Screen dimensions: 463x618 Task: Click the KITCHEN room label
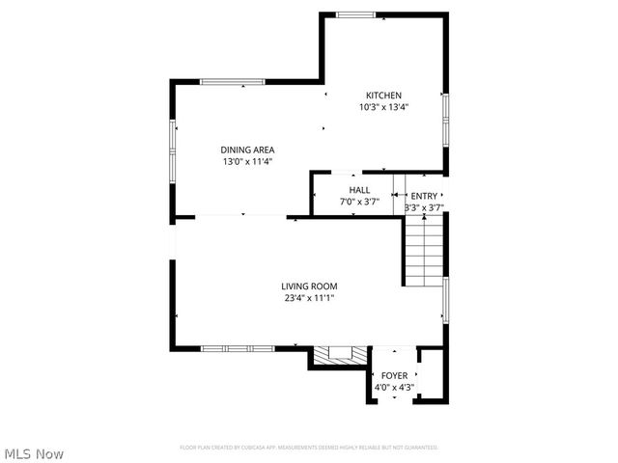(383, 95)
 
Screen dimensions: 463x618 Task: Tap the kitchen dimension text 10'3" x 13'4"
(383, 107)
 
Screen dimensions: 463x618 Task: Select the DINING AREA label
(247, 150)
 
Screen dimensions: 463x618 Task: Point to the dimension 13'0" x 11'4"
(247, 162)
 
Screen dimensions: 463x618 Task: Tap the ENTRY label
(423, 196)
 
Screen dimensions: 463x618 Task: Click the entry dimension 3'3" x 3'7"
(423, 207)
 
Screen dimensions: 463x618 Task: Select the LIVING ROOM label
(309, 286)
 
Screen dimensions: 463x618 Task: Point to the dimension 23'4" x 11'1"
(309, 298)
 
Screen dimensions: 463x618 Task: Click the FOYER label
(394, 375)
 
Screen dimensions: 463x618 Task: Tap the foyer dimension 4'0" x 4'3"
(394, 388)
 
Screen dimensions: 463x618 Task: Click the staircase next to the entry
(422, 252)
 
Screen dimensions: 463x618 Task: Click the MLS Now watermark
(34, 453)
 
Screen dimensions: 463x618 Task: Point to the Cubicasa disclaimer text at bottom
(309, 448)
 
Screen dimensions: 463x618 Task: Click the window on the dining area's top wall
(232, 82)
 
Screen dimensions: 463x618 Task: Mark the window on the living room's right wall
(445, 299)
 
